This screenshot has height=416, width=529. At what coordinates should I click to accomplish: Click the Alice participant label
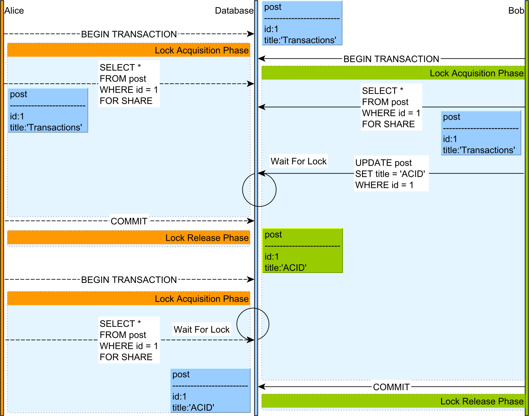coord(14,11)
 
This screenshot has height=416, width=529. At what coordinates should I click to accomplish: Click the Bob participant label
coord(516,11)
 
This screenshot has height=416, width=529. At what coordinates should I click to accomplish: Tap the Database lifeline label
coord(234,11)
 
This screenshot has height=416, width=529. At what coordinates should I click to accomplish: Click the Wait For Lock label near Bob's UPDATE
coord(298,161)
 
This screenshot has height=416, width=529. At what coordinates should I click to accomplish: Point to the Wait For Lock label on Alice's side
coord(202,330)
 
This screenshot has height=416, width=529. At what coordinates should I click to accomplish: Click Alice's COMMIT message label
coord(129,221)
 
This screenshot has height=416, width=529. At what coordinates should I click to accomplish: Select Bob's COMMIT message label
coord(391,387)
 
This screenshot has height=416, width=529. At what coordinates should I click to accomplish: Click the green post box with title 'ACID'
coord(303,251)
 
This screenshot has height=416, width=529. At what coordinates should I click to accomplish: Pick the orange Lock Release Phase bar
coord(129,238)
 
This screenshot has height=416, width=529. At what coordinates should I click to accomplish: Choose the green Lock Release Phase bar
coord(393,401)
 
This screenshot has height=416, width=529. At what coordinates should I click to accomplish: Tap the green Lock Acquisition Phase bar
coord(393,73)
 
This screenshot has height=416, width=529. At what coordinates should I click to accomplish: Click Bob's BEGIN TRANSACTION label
coord(391,59)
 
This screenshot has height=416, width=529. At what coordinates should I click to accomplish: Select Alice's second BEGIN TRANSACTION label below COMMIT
coord(129,280)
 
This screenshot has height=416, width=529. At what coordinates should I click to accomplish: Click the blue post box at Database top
coord(302,23)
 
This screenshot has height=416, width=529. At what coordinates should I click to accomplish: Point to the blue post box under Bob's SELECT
coord(481,133)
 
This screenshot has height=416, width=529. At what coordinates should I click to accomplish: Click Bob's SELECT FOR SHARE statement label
coord(391,107)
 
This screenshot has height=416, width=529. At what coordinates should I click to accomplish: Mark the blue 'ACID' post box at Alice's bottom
coord(210,391)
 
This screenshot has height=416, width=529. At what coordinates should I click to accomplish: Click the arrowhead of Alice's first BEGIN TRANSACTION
coord(251,34)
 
